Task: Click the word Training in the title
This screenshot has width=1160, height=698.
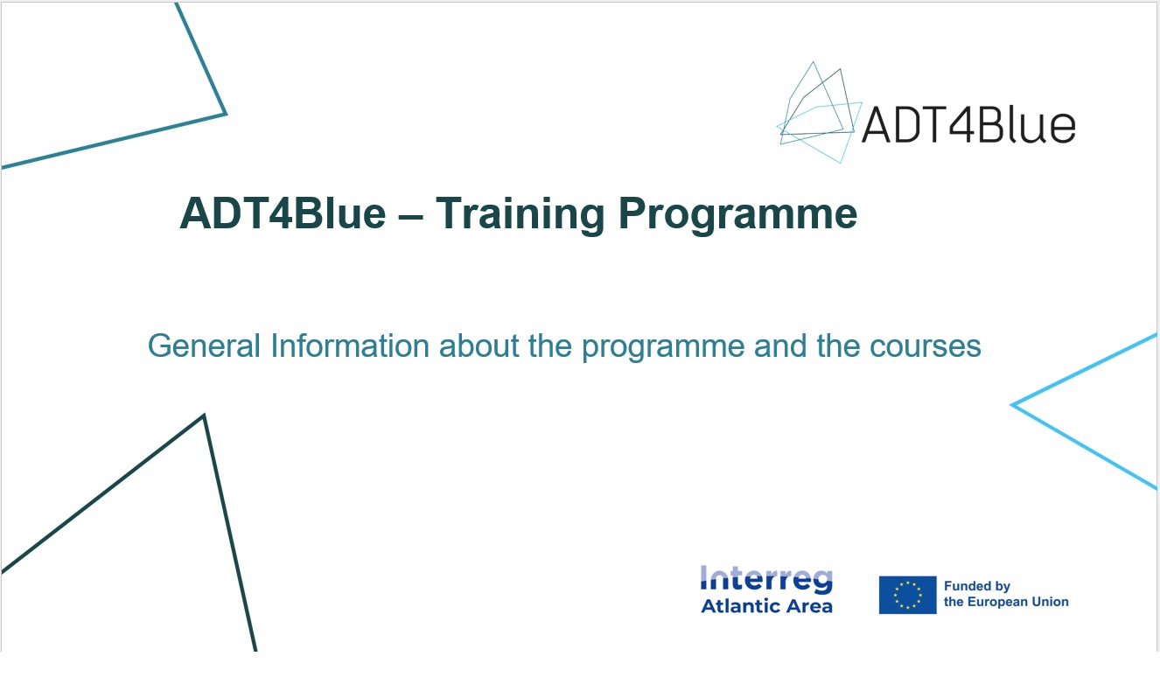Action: coord(521,213)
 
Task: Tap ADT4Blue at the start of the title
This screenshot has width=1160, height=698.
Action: coord(283,213)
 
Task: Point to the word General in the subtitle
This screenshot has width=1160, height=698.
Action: coord(205,346)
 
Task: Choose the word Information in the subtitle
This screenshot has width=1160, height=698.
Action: coord(349,346)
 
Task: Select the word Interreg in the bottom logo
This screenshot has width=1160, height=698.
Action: coord(766,579)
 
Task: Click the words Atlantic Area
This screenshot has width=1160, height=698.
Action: coord(766,605)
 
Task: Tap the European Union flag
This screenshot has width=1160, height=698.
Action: coord(907,595)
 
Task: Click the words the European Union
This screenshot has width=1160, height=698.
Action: coord(1006,602)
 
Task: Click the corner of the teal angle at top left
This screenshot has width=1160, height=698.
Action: coord(225,113)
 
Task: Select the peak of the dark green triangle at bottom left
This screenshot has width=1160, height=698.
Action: coord(204,416)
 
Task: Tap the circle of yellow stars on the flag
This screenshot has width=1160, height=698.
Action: coord(907,595)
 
